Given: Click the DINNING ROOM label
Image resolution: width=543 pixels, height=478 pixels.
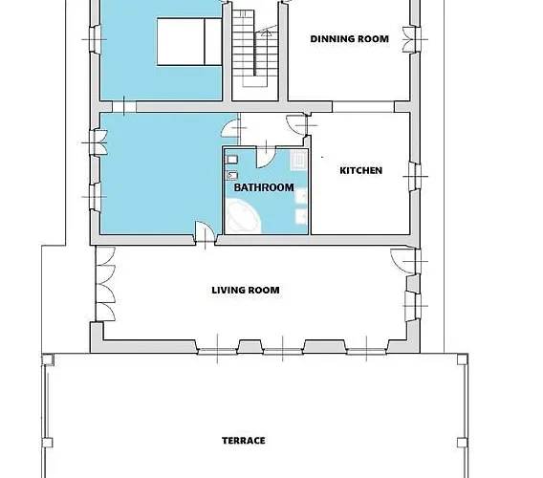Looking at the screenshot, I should [x=349, y=39].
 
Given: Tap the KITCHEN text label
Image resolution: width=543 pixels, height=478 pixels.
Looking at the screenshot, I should [x=361, y=171].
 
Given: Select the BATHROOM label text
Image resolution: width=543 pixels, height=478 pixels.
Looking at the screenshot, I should [x=264, y=188].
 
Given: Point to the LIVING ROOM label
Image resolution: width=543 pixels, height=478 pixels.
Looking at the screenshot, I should [x=246, y=290].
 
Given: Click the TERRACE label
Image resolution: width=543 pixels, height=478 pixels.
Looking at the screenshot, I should [x=244, y=441].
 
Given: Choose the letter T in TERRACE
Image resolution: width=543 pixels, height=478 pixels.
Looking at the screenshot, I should [x=226, y=441].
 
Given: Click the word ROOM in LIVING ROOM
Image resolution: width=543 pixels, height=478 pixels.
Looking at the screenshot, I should [x=265, y=290].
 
